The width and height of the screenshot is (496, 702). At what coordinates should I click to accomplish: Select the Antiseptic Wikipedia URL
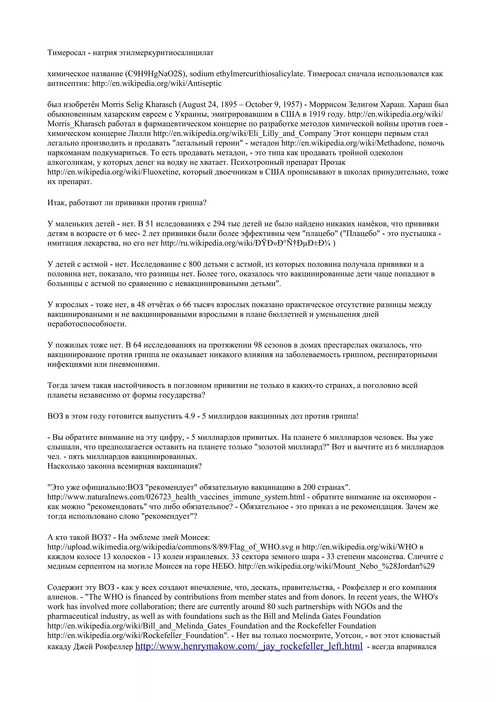(157, 84)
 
